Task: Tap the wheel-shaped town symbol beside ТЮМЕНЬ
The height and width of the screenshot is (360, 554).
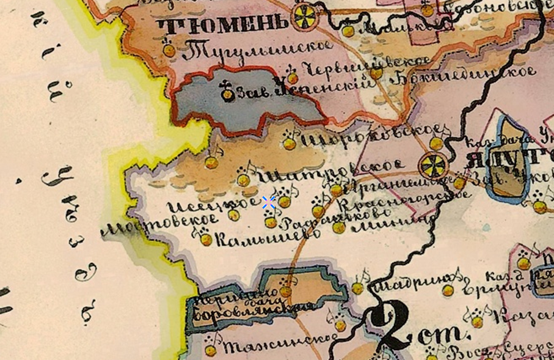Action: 304,18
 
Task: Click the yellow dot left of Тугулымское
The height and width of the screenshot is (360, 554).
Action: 169,51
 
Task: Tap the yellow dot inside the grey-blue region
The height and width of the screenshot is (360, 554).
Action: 228,94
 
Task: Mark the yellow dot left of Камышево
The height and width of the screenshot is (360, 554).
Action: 206,240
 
